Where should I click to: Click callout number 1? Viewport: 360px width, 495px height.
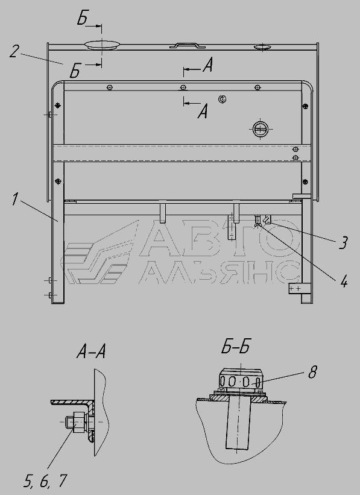[x=15, y=199]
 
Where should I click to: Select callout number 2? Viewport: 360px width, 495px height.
[x=15, y=51]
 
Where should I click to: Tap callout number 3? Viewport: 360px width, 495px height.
[x=343, y=242]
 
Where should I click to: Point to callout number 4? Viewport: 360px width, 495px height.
[x=344, y=281]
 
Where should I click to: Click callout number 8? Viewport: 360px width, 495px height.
[x=312, y=372]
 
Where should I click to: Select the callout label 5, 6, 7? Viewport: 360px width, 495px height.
[x=45, y=481]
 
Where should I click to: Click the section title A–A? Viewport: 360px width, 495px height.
[x=91, y=352]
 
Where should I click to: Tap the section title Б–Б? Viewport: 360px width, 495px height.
[x=236, y=347]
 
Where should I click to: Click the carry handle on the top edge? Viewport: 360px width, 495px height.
[x=188, y=45]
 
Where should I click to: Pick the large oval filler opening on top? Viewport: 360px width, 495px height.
[x=102, y=45]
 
